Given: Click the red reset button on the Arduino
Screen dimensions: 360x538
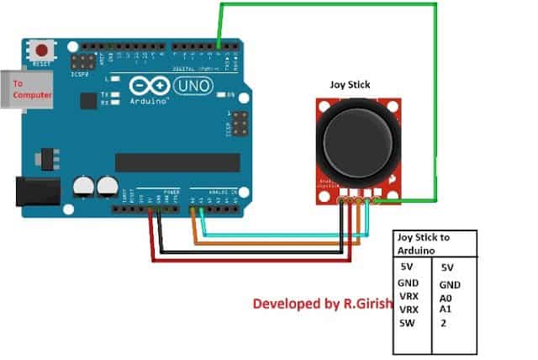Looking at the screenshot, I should point(39,48).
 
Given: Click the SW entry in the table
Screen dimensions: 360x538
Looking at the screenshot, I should point(408,323).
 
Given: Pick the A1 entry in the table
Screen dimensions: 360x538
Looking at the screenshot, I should point(446,310).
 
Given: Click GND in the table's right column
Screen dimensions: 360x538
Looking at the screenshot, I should point(450,285).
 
